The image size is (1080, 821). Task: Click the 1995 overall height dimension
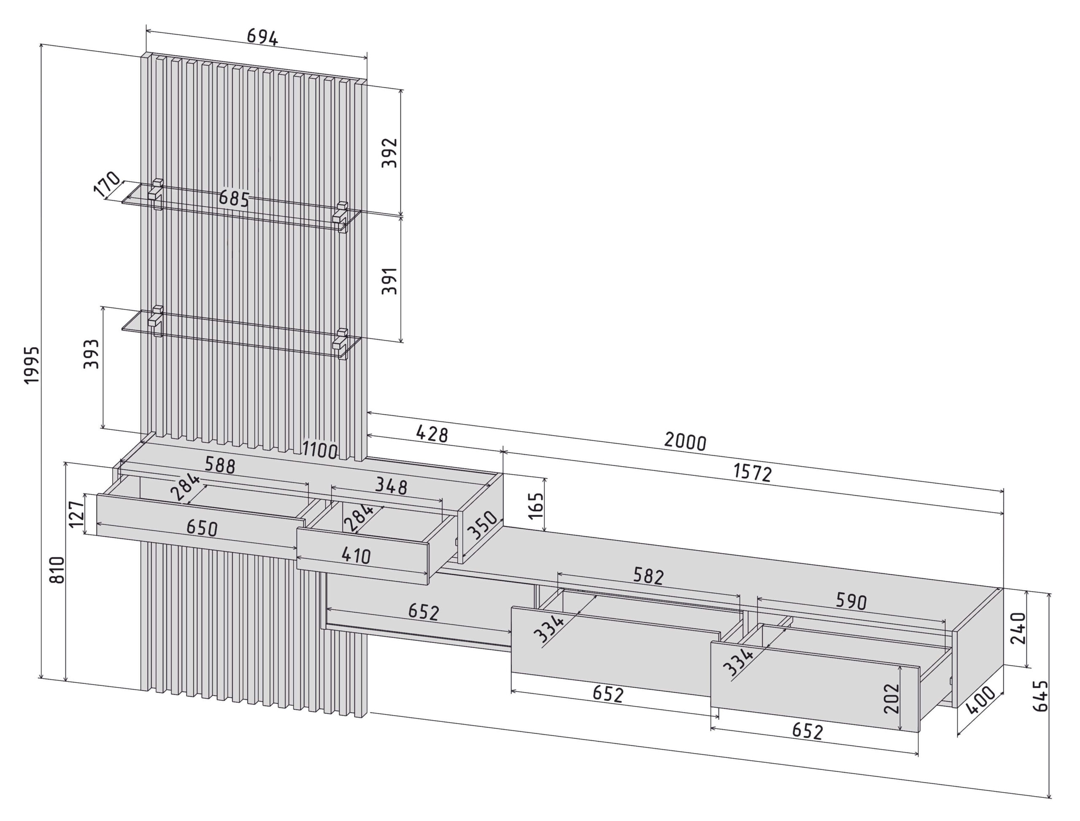pyautogui.click(x=32, y=365)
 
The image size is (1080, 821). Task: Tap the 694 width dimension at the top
pyautogui.click(x=262, y=37)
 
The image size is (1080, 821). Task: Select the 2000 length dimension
pyautogui.click(x=685, y=441)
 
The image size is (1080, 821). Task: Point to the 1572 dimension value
pyautogui.click(x=753, y=473)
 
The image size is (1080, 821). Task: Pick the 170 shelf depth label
pyautogui.click(x=107, y=184)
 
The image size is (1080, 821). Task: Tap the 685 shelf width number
pyautogui.click(x=234, y=198)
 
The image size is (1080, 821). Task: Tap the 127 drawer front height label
pyautogui.click(x=76, y=515)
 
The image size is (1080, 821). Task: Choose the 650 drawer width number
pyautogui.click(x=202, y=528)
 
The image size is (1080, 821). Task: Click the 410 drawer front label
pyautogui.click(x=356, y=555)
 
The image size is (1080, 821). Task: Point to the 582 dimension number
pyautogui.click(x=648, y=576)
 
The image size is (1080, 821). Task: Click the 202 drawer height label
pyautogui.click(x=892, y=698)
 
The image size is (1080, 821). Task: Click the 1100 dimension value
pyautogui.click(x=320, y=450)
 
